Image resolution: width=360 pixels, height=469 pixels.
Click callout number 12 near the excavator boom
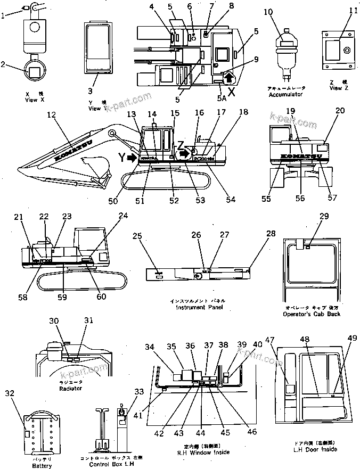click(x=51, y=114)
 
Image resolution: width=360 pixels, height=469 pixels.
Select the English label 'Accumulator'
click(x=285, y=94)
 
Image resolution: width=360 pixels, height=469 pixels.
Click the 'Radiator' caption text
click(x=70, y=389)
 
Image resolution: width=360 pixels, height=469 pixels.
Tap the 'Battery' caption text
click(x=42, y=466)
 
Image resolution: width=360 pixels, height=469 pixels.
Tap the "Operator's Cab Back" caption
click(x=312, y=314)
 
